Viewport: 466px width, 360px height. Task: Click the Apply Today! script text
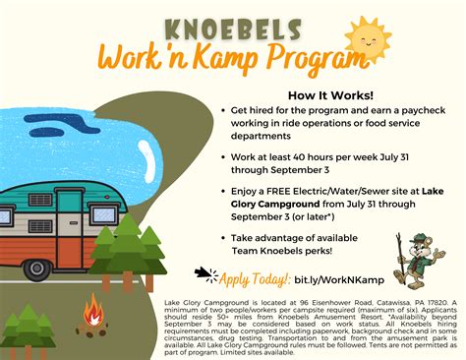pos(257,279)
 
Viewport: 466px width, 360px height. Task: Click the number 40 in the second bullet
pos(301,157)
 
